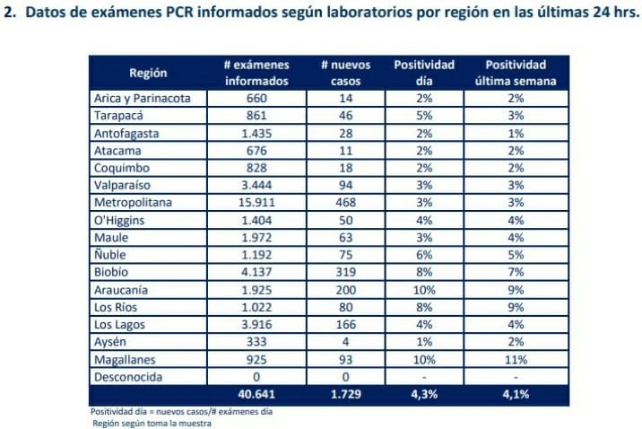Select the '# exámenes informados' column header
[257, 73]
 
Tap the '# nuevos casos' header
[339, 73]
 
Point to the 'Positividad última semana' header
[516, 73]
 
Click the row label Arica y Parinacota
[142, 99]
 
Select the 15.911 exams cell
[257, 203]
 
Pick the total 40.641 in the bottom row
[257, 394]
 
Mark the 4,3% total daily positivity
[424, 394]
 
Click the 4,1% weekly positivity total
[516, 394]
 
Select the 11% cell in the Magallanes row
[516, 359]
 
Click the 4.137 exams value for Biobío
[257, 273]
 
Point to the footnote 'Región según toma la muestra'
[151, 424]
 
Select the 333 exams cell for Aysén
[257, 342]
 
